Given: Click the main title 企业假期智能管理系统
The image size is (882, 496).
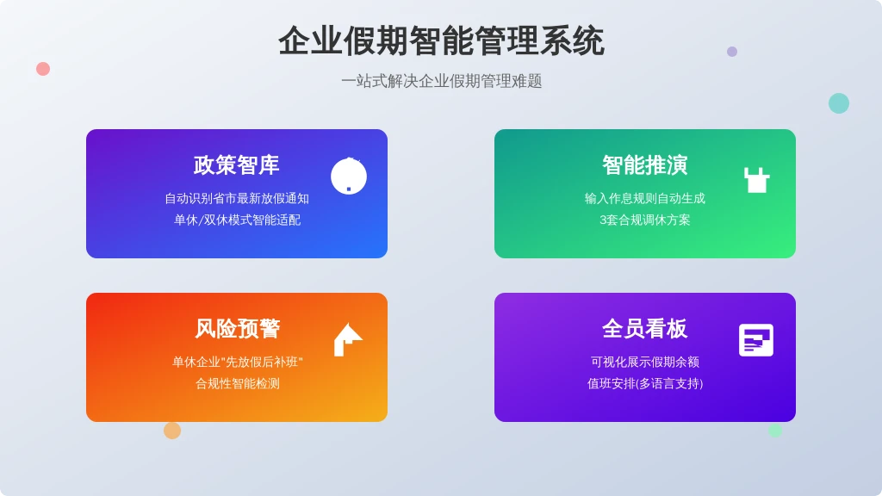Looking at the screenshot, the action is tap(441, 41).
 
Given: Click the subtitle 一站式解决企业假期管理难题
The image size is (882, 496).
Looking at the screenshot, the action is tap(441, 81).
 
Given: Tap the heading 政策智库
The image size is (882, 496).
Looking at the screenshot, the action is tap(236, 164).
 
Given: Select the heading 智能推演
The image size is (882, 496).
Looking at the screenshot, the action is tap(644, 164).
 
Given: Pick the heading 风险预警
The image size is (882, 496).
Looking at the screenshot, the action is tap(237, 328).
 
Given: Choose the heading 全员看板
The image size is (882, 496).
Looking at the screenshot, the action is tap(644, 328).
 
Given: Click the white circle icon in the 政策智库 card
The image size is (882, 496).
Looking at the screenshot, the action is tap(349, 176).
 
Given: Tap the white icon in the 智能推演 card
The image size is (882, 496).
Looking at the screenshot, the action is tap(756, 180).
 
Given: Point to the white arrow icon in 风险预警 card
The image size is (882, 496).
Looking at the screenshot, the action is tap(348, 339).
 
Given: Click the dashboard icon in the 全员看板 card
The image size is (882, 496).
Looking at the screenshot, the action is tap(756, 340).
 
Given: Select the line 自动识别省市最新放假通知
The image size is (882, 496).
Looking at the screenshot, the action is tap(237, 199).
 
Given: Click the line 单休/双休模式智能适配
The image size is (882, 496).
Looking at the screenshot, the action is tap(237, 220).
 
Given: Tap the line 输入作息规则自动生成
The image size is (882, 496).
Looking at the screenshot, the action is tap(644, 199).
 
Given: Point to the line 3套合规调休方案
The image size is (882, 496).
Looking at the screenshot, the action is tap(644, 220).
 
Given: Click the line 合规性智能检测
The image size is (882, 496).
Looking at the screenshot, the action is tap(238, 383).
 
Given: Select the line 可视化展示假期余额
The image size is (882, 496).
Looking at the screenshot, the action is tap(644, 362).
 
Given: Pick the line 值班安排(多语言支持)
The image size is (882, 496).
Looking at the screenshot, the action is tap(644, 383).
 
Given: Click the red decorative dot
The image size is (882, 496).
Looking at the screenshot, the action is tap(43, 69).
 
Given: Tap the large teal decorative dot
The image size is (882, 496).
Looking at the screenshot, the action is tap(839, 103).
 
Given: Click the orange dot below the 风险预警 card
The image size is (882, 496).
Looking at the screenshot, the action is tap(172, 431).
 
